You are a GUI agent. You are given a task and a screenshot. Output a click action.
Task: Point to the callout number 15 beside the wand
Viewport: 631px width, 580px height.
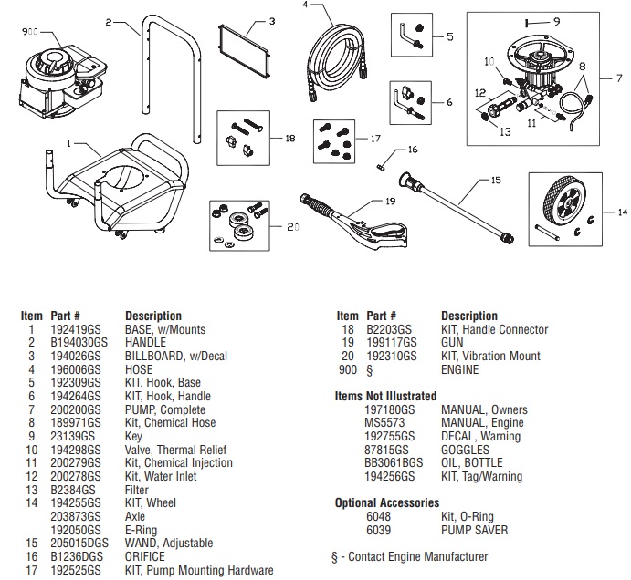(x=496, y=181)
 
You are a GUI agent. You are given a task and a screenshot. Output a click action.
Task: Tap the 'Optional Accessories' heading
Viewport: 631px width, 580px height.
(x=386, y=502)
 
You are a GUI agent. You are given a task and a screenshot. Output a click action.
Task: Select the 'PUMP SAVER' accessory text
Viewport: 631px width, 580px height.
(x=474, y=530)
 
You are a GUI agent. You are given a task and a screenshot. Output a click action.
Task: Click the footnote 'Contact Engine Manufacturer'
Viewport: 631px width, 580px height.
(x=414, y=556)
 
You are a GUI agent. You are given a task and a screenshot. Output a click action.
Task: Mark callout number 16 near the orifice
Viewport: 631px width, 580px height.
(x=413, y=150)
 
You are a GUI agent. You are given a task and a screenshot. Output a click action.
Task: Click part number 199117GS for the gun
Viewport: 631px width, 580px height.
(x=389, y=343)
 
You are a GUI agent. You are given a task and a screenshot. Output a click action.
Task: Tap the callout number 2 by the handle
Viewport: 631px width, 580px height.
(x=109, y=20)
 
